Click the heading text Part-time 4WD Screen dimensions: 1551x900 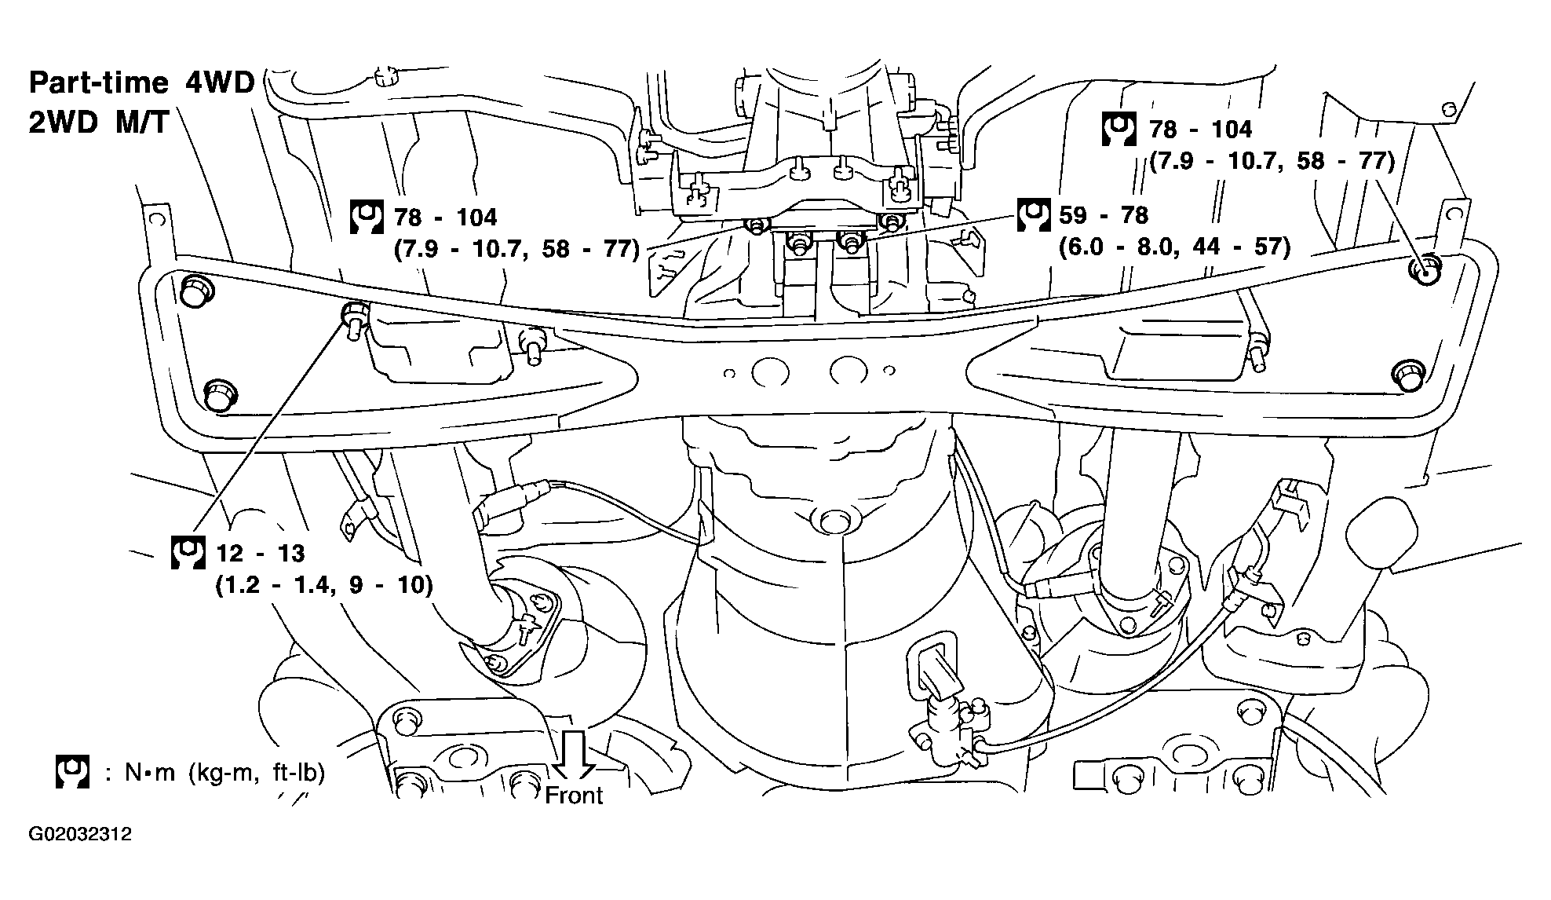click(x=142, y=82)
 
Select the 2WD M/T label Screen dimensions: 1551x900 click(x=99, y=123)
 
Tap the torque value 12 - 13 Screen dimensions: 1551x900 click(x=261, y=554)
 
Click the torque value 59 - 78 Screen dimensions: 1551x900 click(x=1104, y=215)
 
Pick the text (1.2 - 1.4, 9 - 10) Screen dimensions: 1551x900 click(x=324, y=586)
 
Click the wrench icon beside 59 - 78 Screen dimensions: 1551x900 click(x=1033, y=215)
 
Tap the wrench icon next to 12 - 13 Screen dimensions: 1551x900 click(x=188, y=552)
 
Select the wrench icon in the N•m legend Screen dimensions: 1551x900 click(x=72, y=773)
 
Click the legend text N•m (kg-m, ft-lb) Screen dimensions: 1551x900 click(x=224, y=774)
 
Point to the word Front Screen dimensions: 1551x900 click(x=574, y=796)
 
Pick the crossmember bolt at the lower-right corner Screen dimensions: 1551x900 click(x=1407, y=375)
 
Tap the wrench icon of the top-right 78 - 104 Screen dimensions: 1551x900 click(x=1119, y=129)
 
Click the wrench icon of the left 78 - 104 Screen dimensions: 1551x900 click(x=367, y=217)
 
